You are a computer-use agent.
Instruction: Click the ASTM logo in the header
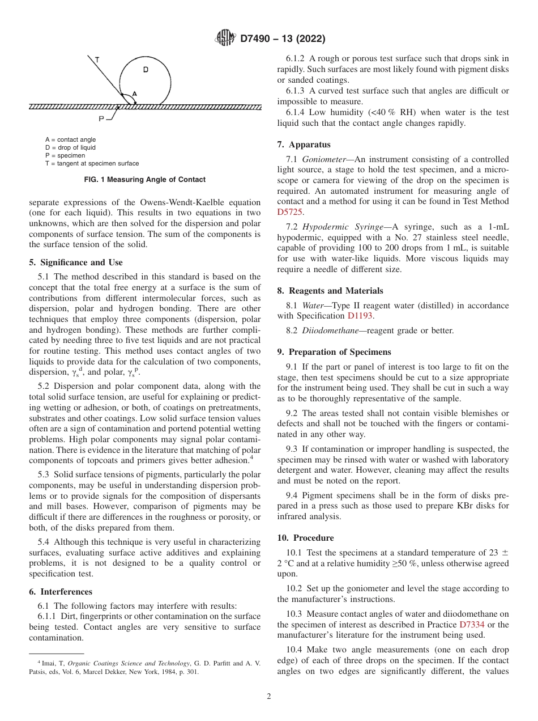pyautogui.click(x=225, y=39)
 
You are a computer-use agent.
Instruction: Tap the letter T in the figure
pyautogui.click(x=97, y=59)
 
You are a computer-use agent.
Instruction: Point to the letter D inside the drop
pyautogui.click(x=146, y=70)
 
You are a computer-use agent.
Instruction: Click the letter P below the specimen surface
pyautogui.click(x=101, y=119)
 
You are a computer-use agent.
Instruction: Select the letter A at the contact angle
pyautogui.click(x=134, y=94)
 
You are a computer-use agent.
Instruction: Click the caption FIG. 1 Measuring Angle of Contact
pyautogui.click(x=145, y=180)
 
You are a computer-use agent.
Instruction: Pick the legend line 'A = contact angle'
pyautogui.click(x=71, y=139)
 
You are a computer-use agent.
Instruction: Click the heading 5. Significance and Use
pyautogui.click(x=76, y=262)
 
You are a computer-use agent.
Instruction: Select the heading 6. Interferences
pyautogui.click(x=61, y=592)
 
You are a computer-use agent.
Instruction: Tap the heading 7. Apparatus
pyautogui.click(x=304, y=145)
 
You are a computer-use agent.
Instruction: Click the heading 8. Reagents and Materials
pyautogui.click(x=330, y=291)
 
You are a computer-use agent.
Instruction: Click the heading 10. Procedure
pyautogui.click(x=305, y=538)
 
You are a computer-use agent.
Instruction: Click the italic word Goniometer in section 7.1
pyautogui.click(x=321, y=159)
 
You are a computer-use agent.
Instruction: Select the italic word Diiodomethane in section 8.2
pyautogui.click(x=330, y=330)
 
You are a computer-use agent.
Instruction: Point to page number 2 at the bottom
pyautogui.click(x=269, y=697)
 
